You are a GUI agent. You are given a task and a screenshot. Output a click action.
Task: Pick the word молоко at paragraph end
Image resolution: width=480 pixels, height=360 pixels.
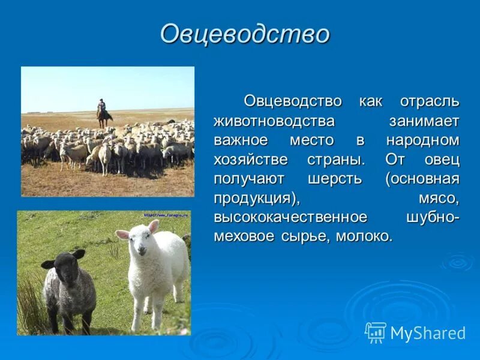point(364,236)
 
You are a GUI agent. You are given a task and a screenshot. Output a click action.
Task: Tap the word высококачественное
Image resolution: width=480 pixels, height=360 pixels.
point(290,217)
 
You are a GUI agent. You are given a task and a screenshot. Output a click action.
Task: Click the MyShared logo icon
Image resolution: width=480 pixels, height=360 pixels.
point(376,332)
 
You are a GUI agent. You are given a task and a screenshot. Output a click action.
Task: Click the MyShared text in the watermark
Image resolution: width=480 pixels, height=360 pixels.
point(428,333)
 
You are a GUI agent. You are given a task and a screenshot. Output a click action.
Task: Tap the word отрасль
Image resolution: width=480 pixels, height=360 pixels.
point(429,101)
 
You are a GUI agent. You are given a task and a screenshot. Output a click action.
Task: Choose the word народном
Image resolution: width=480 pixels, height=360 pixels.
point(422,140)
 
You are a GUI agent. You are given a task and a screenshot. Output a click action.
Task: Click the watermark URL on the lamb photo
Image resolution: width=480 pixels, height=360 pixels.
point(166,214)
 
